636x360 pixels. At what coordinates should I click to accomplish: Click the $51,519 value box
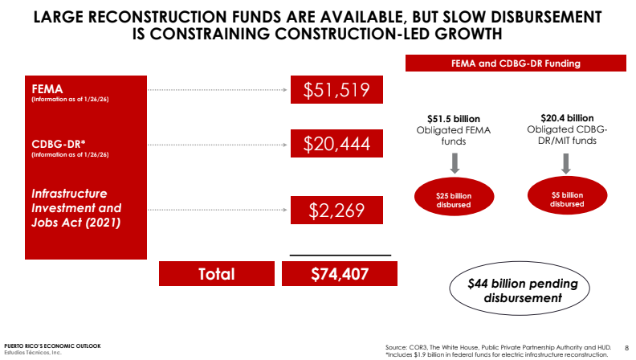[x=336, y=91]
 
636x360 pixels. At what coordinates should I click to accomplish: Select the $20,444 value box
[x=336, y=145]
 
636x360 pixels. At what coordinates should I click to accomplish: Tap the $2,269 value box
[x=336, y=211]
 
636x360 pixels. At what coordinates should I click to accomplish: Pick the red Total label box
[x=216, y=274]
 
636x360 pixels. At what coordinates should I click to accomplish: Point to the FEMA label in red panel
[x=47, y=88]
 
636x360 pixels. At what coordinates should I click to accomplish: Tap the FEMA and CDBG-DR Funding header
[x=516, y=63]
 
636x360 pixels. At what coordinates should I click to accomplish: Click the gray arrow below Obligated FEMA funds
[x=454, y=164]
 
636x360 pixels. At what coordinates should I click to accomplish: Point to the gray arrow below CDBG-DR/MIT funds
[x=567, y=163]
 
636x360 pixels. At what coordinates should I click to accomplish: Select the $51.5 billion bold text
[x=453, y=118]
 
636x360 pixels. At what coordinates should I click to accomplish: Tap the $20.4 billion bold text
[x=567, y=117]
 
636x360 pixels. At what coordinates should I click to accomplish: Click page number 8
[x=626, y=347]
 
